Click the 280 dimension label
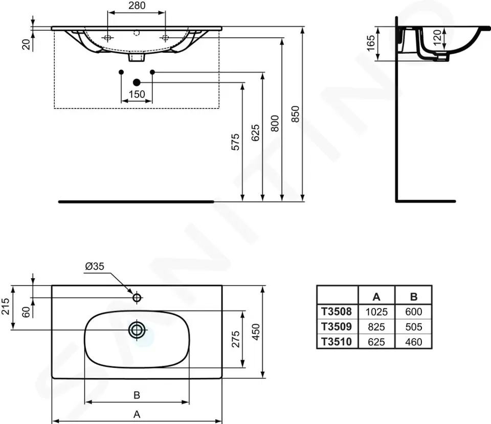pyautogui.click(x=137, y=6)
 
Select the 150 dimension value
pyautogui.click(x=137, y=94)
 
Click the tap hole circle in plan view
pyautogui.click(x=137, y=297)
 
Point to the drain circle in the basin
pyautogui.click(x=137, y=330)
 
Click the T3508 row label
pyautogui.click(x=336, y=311)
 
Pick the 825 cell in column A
pyautogui.click(x=376, y=326)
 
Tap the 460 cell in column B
pyautogui.click(x=413, y=341)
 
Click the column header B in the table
pyautogui.click(x=413, y=296)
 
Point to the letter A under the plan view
pyautogui.click(x=137, y=414)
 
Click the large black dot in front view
pyautogui.click(x=137, y=82)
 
